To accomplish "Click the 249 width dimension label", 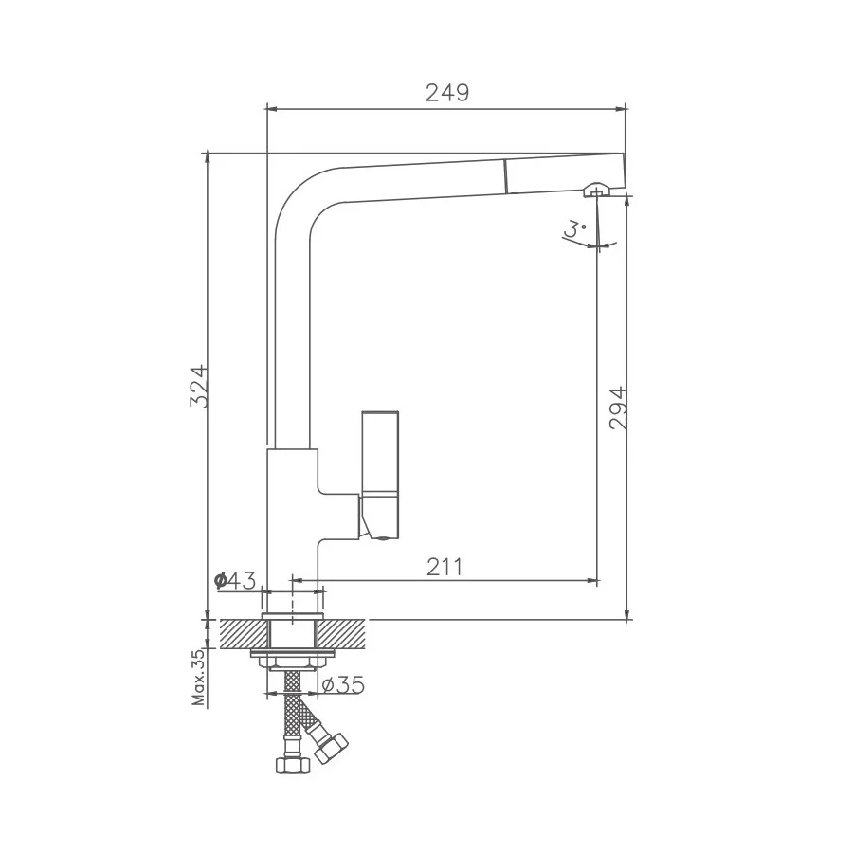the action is pyautogui.click(x=446, y=93).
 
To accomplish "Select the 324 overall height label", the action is pyautogui.click(x=199, y=387).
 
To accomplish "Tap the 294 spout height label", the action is pyautogui.click(x=619, y=408).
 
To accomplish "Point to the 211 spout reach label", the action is pyautogui.click(x=445, y=567).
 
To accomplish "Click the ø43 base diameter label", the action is pyautogui.click(x=235, y=581).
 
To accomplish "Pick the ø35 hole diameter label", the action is pyautogui.click(x=343, y=685).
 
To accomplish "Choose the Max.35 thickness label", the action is pyautogui.click(x=200, y=678).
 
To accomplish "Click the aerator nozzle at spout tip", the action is pyautogui.click(x=596, y=190).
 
